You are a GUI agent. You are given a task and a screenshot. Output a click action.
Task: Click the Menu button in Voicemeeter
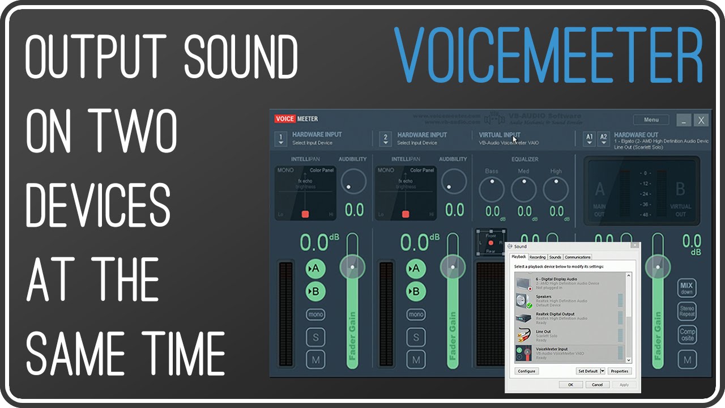point(651,120)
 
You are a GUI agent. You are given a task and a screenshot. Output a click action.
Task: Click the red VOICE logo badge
point(285,119)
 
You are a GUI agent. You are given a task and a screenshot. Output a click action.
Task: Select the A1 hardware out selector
point(590,139)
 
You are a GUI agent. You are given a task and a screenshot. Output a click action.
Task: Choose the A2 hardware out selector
point(604,139)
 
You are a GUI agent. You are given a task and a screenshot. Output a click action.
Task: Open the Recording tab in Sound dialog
point(538,257)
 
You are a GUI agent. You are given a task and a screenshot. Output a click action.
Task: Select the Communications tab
point(578,257)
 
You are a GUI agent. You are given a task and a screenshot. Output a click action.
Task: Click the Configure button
point(527,371)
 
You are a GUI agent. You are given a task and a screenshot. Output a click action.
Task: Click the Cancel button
point(598,385)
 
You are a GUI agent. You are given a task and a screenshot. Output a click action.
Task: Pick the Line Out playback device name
point(543,331)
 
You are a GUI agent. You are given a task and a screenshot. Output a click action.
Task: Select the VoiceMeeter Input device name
point(552,349)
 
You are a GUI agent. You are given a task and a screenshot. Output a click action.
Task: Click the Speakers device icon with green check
point(524,301)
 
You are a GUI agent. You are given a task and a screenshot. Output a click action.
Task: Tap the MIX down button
point(687,288)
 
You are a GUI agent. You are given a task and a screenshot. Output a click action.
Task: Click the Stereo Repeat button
point(687,311)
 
